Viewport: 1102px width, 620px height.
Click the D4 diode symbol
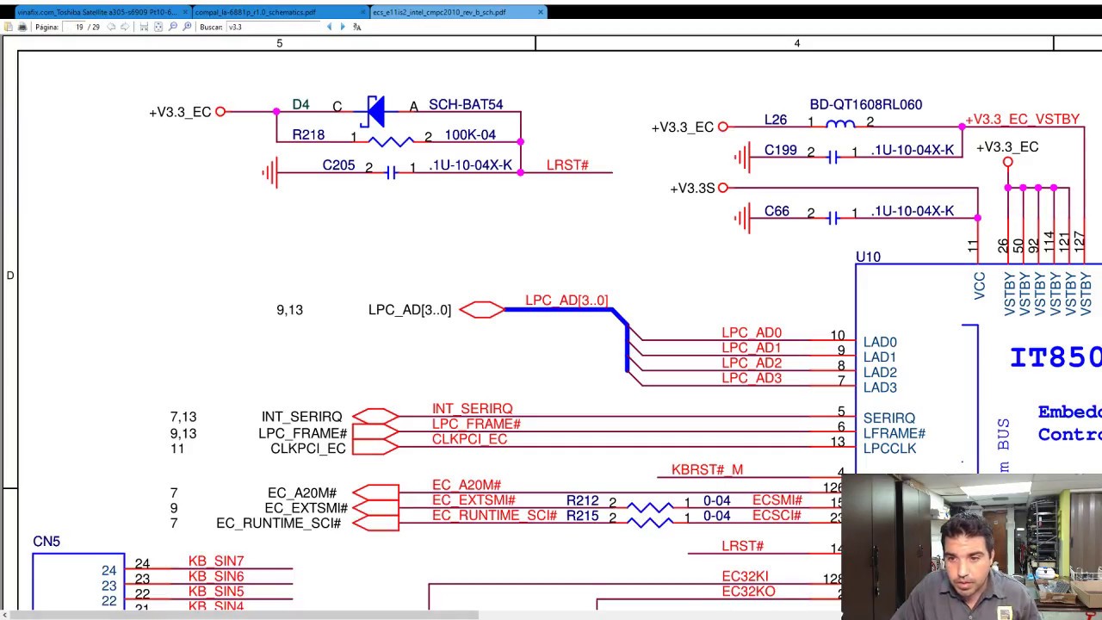click(x=375, y=110)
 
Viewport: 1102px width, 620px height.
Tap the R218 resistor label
click(x=308, y=135)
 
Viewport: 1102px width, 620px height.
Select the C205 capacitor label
click(x=338, y=165)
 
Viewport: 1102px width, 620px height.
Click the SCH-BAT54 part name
click(x=466, y=104)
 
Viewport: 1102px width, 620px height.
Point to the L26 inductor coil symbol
click(x=840, y=125)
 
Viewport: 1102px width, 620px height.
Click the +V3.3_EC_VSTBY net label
click(x=1022, y=120)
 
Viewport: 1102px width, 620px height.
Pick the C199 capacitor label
click(x=781, y=151)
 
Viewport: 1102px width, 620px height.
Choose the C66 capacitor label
click(x=777, y=211)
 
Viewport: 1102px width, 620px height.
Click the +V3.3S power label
click(x=692, y=188)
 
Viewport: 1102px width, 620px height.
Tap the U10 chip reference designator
click(x=868, y=257)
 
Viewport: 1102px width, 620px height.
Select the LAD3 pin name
click(x=880, y=387)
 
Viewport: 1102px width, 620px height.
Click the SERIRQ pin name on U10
click(x=889, y=418)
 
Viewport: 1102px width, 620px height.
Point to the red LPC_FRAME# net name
click(x=476, y=424)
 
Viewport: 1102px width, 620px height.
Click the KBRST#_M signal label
click(x=707, y=470)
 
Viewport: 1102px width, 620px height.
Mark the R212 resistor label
click(x=582, y=500)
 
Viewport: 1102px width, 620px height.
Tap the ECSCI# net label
click(x=777, y=516)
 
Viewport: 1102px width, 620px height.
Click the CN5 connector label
click(x=46, y=542)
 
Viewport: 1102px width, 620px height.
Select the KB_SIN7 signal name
click(x=216, y=561)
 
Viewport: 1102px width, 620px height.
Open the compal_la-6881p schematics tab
click(x=256, y=12)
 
